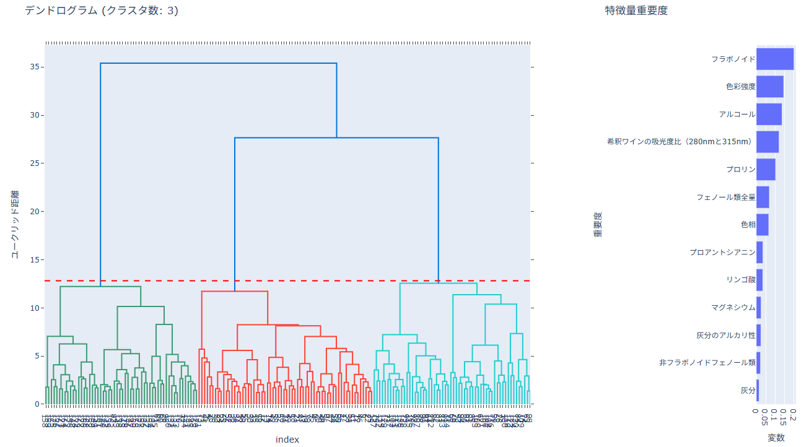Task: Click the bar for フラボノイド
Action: (774, 59)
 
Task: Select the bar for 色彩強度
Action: (769, 87)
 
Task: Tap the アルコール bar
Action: (769, 115)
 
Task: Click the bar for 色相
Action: (762, 225)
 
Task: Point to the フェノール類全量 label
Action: (725, 197)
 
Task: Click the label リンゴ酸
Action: (740, 280)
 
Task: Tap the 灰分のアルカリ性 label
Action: (726, 336)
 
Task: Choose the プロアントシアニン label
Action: (722, 253)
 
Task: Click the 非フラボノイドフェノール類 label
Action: (707, 363)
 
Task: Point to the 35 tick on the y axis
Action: (35, 67)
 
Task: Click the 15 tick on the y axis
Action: (35, 260)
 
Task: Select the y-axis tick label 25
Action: (35, 163)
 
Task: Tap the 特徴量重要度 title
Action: (636, 11)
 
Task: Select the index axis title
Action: (287, 440)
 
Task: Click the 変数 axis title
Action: (776, 438)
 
